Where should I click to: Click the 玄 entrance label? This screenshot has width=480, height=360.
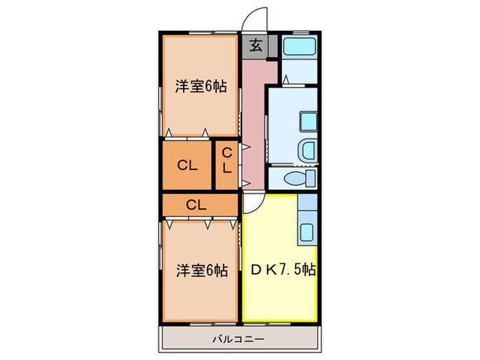coord(254,46)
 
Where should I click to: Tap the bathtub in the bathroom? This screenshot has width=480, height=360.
coord(299,47)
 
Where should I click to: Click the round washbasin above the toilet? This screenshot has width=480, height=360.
coord(307,149)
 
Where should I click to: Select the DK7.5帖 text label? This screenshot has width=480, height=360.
coord(279,269)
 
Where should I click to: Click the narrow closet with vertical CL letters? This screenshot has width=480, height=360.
coord(227,163)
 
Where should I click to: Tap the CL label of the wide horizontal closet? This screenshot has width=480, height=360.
coord(195,204)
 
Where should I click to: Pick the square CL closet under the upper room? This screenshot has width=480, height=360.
coord(186,165)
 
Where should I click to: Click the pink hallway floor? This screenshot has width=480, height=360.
coord(256,123)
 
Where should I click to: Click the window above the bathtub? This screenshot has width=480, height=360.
coord(299,33)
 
